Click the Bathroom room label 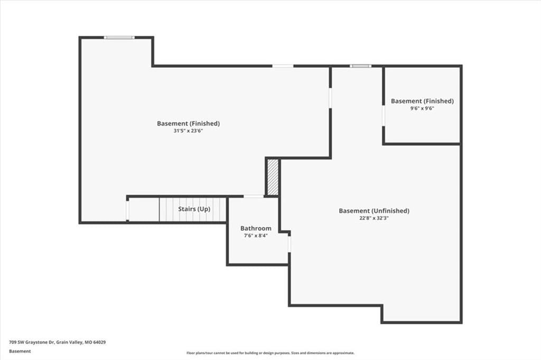[256, 228]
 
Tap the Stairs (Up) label [194, 209]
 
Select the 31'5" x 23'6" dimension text [188, 131]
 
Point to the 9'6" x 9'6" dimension [422, 108]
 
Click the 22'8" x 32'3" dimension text [374, 218]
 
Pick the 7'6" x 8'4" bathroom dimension [256, 236]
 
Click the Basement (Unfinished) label [374, 211]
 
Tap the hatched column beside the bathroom [273, 177]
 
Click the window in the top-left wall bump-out [119, 37]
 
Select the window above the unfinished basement [360, 66]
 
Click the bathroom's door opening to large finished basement [254, 196]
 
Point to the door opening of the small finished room [384, 116]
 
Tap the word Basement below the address [20, 352]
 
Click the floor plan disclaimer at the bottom [270, 353]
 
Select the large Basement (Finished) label [188, 124]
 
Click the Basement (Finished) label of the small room [422, 101]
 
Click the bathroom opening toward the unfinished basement [289, 244]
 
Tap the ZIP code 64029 [98, 343]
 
